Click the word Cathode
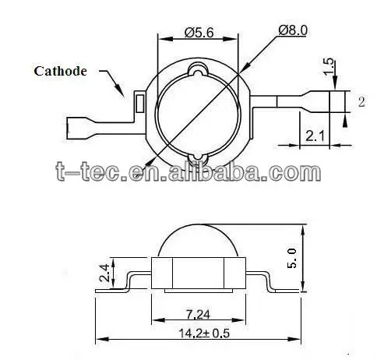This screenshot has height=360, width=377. (x=60, y=71)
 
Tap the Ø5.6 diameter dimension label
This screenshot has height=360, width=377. (x=199, y=33)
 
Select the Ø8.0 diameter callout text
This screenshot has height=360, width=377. (x=293, y=30)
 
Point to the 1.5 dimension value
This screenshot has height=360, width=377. (x=329, y=67)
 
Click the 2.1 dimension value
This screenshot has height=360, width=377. (x=315, y=136)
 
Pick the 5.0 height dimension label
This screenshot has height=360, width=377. (x=291, y=258)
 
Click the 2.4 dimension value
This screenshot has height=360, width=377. (x=104, y=273)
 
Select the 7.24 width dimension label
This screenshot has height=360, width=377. (x=198, y=315)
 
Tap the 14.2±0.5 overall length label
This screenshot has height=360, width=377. (x=204, y=334)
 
